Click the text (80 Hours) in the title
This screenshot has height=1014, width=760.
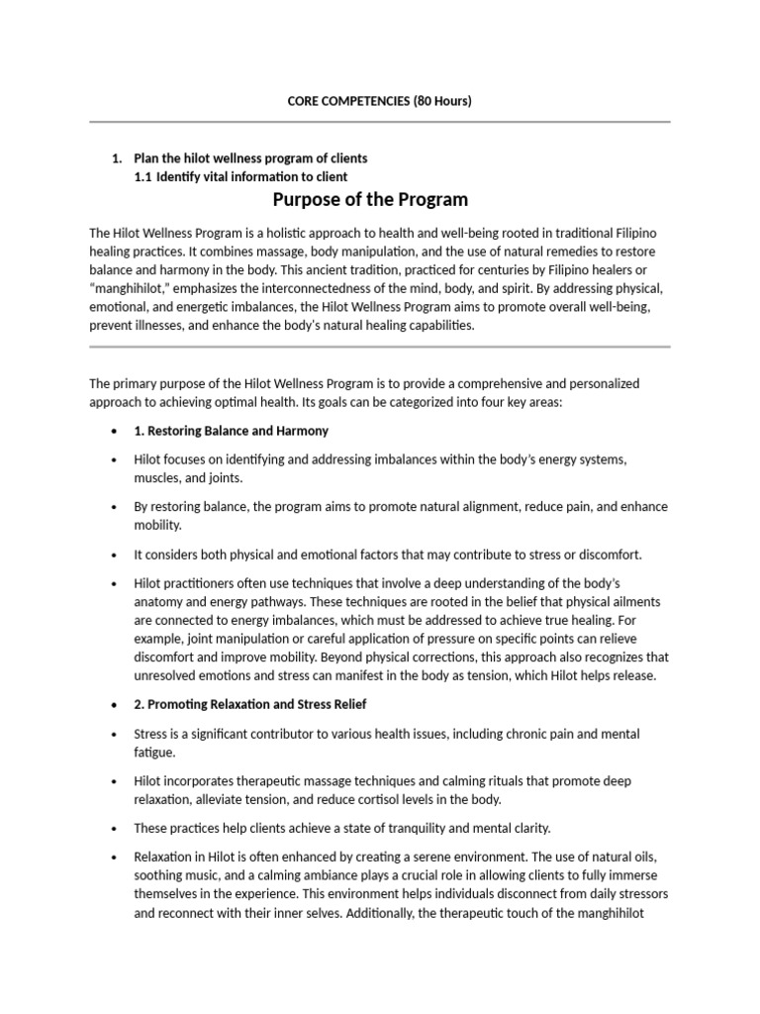pyautogui.click(x=442, y=101)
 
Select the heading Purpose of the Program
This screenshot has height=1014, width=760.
pyautogui.click(x=370, y=199)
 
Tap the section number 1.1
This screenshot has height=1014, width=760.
pyautogui.click(x=142, y=177)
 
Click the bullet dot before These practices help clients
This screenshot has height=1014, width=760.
pyautogui.click(x=114, y=828)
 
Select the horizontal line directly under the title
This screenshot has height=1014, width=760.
pyautogui.click(x=380, y=122)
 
